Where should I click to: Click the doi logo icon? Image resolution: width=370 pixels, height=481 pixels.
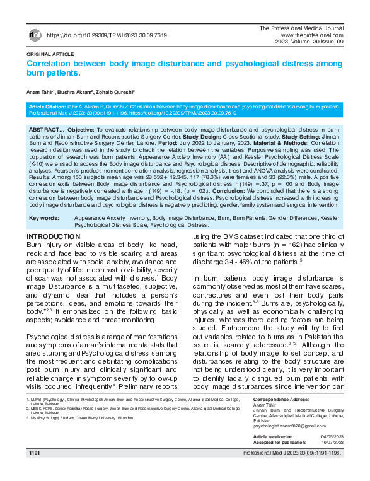[35, 35]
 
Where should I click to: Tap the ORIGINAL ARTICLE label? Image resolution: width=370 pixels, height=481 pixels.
[49, 55]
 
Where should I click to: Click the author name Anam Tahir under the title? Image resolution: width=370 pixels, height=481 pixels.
[42, 93]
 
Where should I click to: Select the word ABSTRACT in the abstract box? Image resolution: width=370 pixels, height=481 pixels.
[45, 129]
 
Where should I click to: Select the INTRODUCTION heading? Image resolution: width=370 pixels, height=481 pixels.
[53, 236]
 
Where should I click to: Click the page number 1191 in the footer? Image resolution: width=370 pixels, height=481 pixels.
[35, 453]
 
